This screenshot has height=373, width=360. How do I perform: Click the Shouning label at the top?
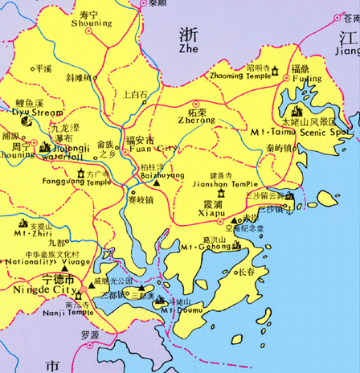(92, 24)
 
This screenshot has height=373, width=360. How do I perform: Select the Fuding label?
(306, 80)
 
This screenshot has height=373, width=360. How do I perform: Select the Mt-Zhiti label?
(28, 234)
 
